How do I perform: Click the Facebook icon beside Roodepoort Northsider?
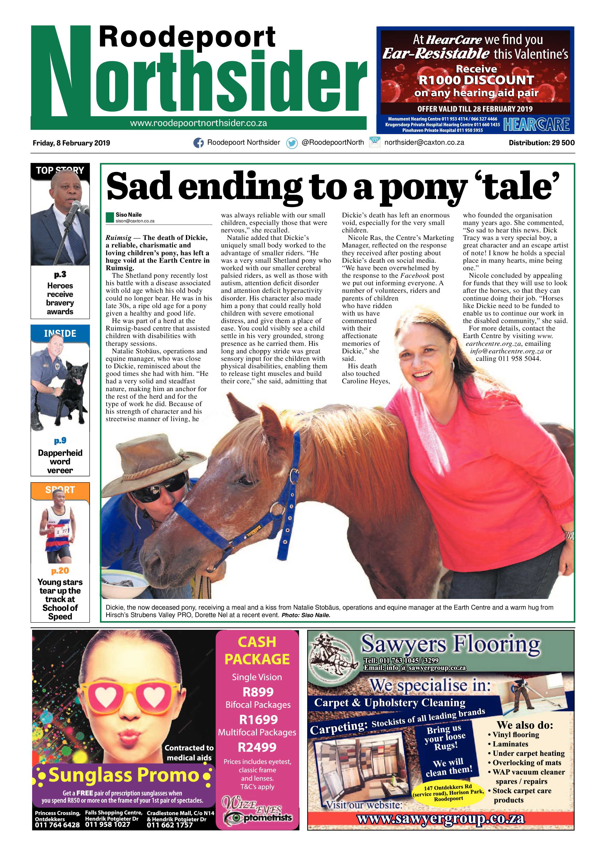(198, 143)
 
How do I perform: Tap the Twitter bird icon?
(291, 143)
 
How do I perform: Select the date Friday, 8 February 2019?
(71, 143)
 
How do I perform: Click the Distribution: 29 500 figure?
(541, 142)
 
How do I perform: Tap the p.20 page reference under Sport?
(60, 570)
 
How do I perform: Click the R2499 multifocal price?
(258, 747)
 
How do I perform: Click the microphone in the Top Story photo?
(75, 207)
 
